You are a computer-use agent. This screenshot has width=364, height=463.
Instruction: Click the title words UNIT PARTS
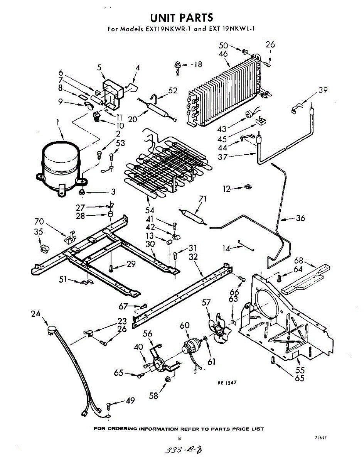(181, 18)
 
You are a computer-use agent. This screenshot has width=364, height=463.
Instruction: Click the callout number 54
(150, 210)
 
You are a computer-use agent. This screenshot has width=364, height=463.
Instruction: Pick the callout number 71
(203, 199)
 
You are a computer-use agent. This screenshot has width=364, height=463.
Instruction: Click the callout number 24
(36, 314)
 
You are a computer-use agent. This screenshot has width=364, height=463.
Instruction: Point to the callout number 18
(197, 64)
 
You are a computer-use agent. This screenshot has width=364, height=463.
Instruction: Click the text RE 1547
(227, 383)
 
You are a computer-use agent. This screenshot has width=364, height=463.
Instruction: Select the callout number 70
(39, 221)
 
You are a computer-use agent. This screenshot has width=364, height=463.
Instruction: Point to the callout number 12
(226, 189)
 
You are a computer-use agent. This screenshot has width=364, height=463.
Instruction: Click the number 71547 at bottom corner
(320, 438)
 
